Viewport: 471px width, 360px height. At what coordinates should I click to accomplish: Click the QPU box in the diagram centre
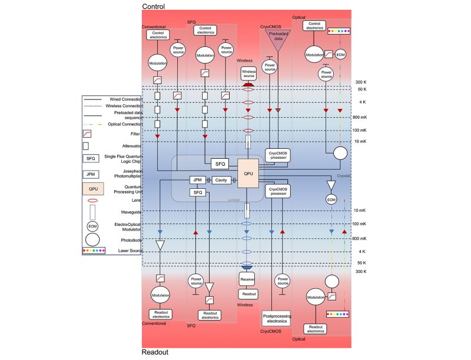click(248, 173)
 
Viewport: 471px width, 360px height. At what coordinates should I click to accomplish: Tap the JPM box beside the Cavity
click(197, 180)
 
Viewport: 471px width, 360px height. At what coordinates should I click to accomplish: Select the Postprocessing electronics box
click(276, 318)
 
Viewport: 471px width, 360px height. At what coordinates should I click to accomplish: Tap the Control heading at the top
click(153, 6)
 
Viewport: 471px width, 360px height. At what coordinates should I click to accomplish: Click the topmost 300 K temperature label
click(361, 82)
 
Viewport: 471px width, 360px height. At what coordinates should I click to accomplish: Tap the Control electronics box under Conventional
click(158, 35)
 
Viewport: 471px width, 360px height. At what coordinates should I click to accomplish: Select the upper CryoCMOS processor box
click(278, 152)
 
